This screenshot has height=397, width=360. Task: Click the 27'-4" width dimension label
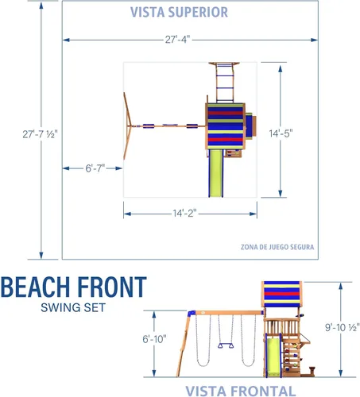pos(177,40)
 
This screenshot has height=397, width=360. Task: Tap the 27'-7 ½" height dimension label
pos(40,134)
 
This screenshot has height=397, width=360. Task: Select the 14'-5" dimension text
pos(281,133)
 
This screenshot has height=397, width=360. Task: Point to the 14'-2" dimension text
pos(184,213)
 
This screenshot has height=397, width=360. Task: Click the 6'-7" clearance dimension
pos(95,168)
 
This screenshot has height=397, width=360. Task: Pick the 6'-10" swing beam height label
pos(154,339)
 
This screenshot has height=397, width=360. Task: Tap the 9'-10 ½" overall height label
pos(343,327)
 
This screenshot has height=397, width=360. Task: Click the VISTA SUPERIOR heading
pos(179,12)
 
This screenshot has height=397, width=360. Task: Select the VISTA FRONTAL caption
pos(241,391)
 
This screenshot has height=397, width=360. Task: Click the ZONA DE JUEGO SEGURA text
pos(277,247)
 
